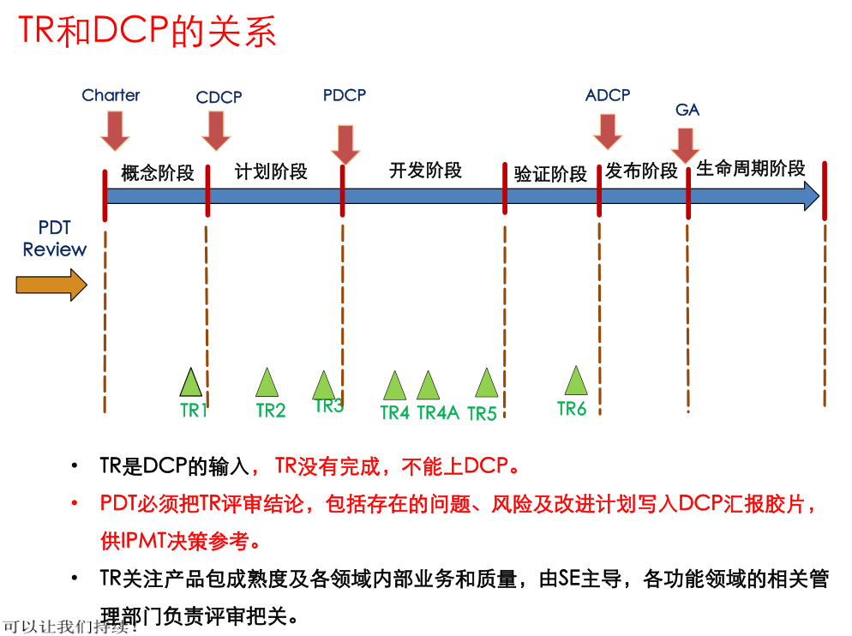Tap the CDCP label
[219, 98]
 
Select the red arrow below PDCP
[345, 144]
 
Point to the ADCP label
[608, 95]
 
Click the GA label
[687, 110]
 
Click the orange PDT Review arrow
[51, 284]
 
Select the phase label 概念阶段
[158, 173]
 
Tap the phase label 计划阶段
[271, 171]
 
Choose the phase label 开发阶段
[425, 171]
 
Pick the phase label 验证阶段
[550, 174]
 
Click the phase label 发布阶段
[641, 171]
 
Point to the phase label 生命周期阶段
[751, 169]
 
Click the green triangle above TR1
[190, 382]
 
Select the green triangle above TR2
[267, 383]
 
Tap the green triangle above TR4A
[429, 386]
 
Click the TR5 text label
[482, 414]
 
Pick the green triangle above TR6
[576, 381]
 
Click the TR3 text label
[329, 406]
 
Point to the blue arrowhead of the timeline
[811, 197]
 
